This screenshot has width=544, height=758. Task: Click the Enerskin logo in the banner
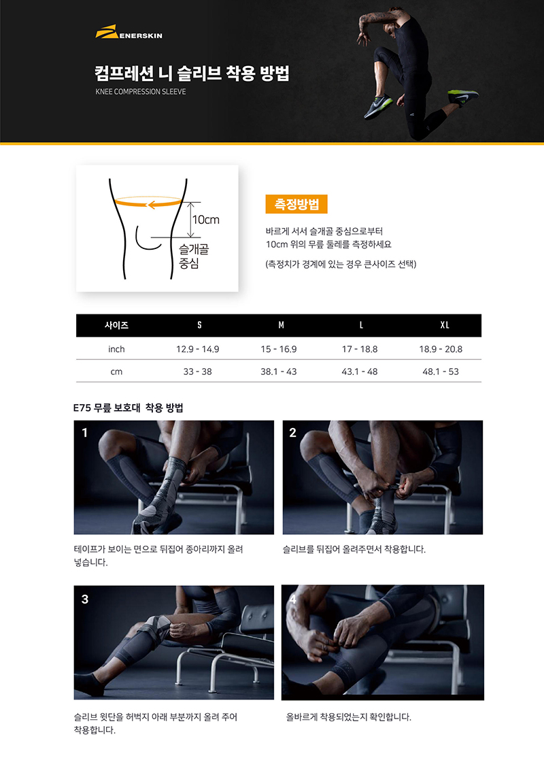tap(129, 32)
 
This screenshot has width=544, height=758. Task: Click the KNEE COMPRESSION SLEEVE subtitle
tap(141, 91)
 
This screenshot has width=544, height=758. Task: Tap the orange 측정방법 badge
tap(296, 204)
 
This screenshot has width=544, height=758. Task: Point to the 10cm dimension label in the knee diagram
tap(206, 220)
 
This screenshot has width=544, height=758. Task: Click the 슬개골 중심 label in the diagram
tap(193, 257)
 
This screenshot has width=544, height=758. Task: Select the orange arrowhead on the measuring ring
tap(151, 205)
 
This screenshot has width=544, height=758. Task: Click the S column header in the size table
tap(199, 325)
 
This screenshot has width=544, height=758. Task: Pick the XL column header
tap(445, 325)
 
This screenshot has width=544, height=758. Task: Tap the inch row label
tap(116, 349)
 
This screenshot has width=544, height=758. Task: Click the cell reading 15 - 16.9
tap(279, 349)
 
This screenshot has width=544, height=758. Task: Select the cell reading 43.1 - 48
tap(360, 372)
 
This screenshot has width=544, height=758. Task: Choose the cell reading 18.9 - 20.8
tap(441, 349)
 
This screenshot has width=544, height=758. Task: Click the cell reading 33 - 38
tap(197, 372)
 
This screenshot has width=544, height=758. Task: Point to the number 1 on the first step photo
tap(85, 433)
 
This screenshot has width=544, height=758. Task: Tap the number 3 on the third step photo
tap(85, 599)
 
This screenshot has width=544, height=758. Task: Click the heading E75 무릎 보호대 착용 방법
tap(128, 408)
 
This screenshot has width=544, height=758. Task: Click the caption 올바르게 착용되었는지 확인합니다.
tap(348, 717)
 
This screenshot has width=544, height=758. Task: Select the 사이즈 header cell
tap(116, 325)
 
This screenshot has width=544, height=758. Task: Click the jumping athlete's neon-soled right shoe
tap(462, 96)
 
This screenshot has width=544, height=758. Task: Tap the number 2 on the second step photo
tap(293, 433)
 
